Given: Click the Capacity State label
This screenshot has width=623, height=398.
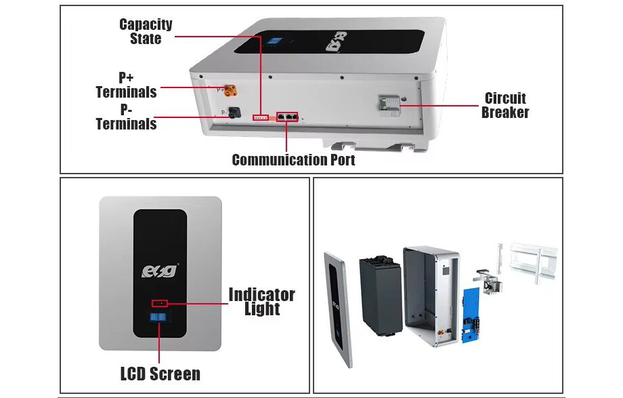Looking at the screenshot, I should coord(146,31).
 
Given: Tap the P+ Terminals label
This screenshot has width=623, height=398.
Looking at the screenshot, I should coord(126,85).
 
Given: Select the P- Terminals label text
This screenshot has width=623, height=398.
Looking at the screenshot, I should coord(126,117).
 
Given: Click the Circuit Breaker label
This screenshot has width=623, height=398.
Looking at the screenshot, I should coord(505,105).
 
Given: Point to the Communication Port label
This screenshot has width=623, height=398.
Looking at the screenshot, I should coord(293,160).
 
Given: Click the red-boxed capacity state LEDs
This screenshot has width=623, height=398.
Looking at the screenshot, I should coord(261,118).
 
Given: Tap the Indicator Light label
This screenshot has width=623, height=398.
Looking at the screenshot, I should coord(261,302).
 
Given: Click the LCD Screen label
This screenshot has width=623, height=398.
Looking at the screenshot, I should coord(160,374).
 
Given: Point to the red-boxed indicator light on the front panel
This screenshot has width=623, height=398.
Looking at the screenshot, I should coord(160,302).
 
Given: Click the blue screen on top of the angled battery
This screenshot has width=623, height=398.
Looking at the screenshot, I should coord(274,41).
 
